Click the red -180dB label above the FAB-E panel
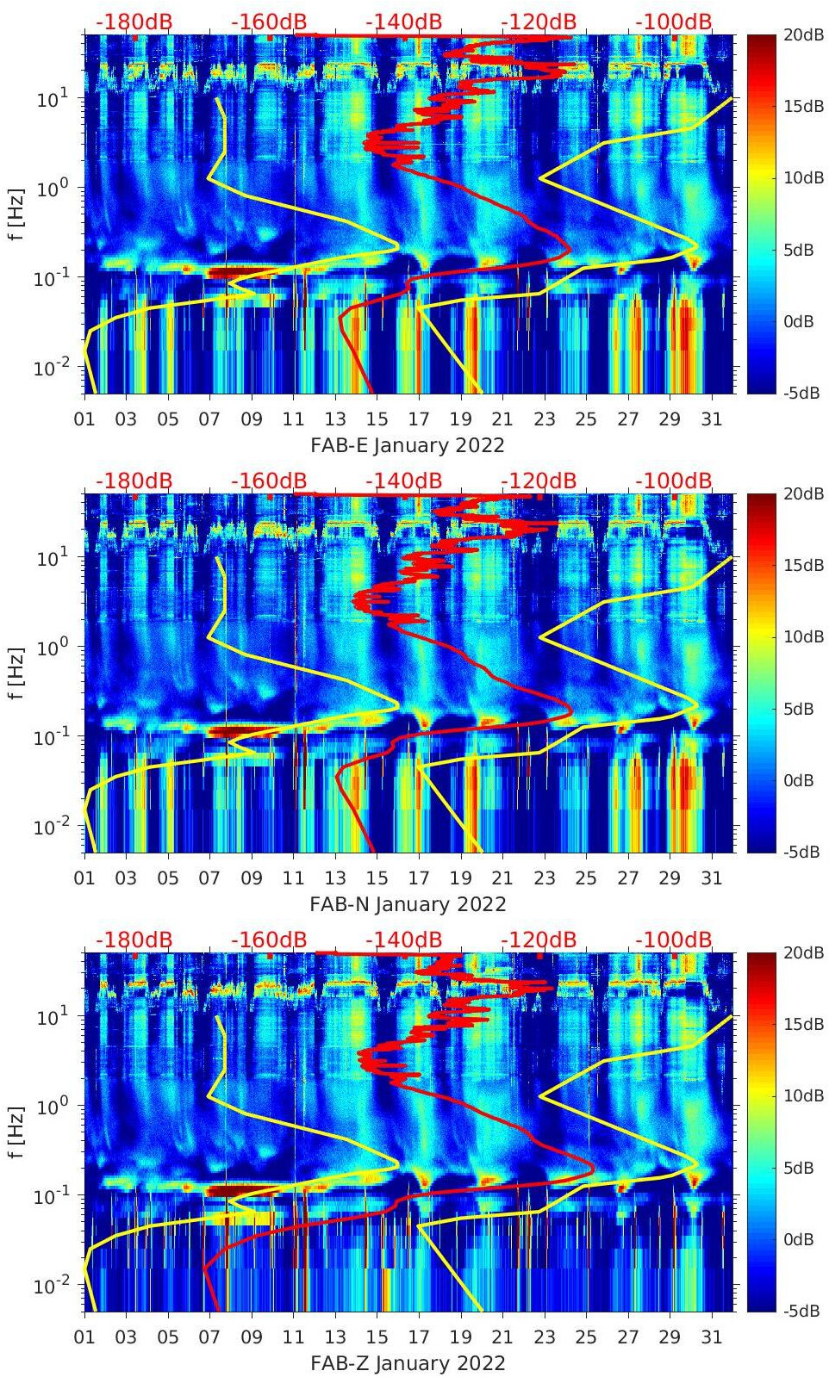(x=134, y=22)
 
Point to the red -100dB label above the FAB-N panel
(x=674, y=481)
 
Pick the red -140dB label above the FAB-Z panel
(x=403, y=940)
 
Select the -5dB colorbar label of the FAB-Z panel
(x=804, y=1311)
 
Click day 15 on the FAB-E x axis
(x=377, y=419)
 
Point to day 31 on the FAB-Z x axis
(x=711, y=1337)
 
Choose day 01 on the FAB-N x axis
(x=84, y=878)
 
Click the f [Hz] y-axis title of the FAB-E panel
(x=17, y=214)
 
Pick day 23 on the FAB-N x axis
(x=544, y=878)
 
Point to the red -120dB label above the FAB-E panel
(x=539, y=22)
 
